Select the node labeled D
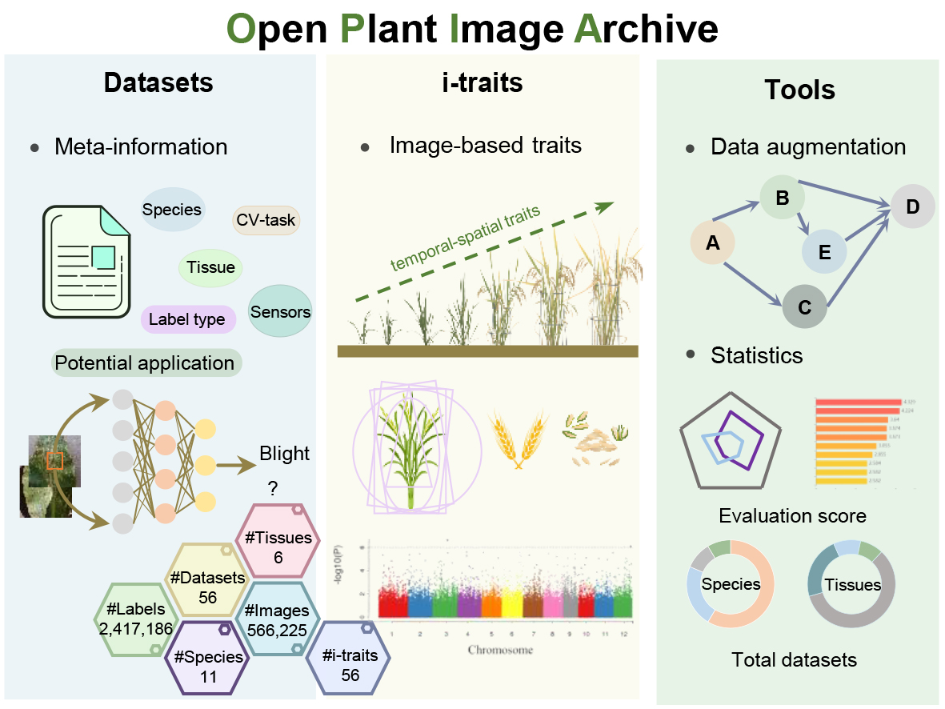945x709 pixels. click(913, 207)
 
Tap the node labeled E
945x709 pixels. click(824, 253)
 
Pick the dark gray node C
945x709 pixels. click(805, 306)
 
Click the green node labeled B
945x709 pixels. click(783, 197)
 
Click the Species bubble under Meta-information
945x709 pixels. click(171, 210)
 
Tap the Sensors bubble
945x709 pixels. click(280, 311)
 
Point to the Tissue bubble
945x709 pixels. click(210, 267)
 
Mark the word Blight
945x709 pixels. click(284, 454)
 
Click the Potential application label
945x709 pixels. click(145, 363)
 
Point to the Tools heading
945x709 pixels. click(799, 90)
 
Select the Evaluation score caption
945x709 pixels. click(792, 515)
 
